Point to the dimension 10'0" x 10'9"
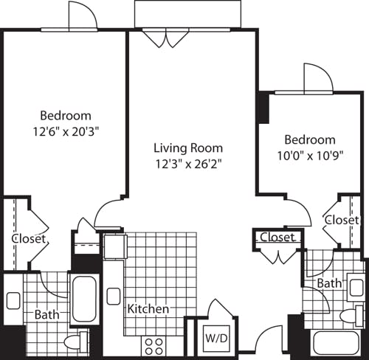click(310, 156)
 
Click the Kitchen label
click(148, 308)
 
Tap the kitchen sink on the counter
click(113, 297)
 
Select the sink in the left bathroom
click(13, 301)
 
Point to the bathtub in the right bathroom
click(335, 343)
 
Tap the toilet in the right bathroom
click(348, 317)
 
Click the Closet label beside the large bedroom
click(30, 239)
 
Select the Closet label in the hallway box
click(277, 238)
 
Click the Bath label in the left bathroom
click(46, 314)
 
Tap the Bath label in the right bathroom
click(328, 283)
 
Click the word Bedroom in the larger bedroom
click(65, 115)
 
